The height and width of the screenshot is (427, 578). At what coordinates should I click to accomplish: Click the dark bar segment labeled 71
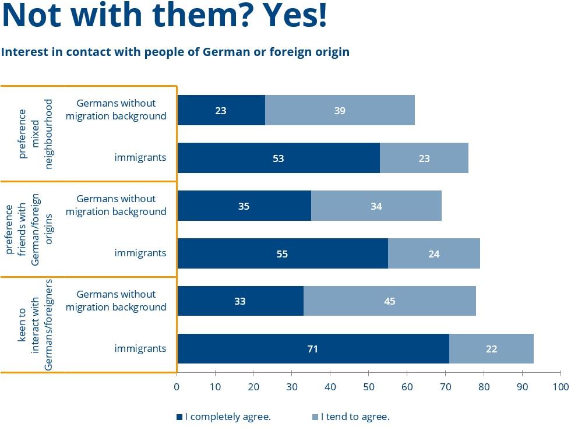313,349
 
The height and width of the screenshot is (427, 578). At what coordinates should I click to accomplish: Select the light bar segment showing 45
390,301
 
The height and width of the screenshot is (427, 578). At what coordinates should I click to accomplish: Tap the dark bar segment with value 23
221,110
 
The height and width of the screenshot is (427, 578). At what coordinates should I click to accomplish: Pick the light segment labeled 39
340,110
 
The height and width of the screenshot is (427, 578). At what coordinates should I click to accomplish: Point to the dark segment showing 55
283,253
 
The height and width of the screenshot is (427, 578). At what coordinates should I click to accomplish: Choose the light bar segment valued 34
376,206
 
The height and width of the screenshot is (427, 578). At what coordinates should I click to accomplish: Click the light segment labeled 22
491,349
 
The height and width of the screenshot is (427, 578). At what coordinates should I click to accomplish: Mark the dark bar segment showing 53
279,158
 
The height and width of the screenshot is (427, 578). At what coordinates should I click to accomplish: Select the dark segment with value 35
244,206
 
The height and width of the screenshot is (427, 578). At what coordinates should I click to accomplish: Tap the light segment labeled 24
433,253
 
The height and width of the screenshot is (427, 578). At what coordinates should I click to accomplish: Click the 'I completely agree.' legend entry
224,417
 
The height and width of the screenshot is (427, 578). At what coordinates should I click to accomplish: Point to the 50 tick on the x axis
368,386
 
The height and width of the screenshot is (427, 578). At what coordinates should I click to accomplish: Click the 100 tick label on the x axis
561,386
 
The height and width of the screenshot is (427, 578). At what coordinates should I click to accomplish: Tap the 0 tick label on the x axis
177,386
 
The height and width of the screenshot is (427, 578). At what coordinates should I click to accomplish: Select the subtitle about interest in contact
175,52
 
